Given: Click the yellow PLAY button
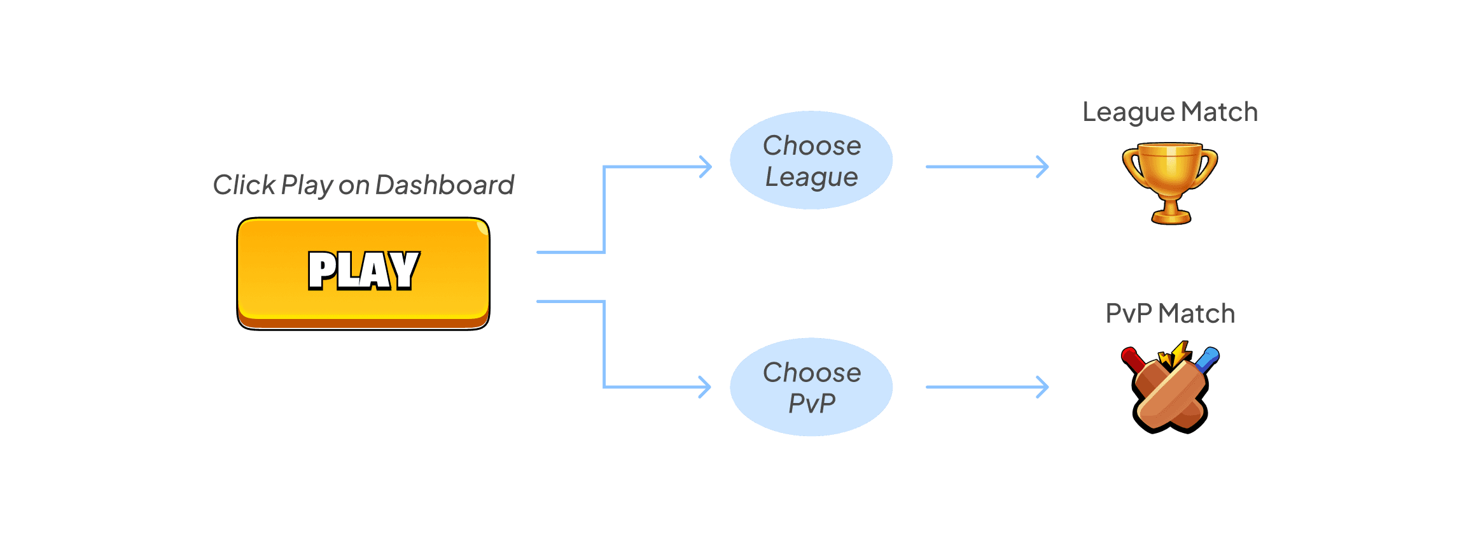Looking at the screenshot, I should (363, 273).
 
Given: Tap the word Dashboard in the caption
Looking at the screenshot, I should (444, 185).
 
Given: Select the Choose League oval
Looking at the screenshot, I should (811, 160).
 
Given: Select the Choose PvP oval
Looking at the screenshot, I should (811, 387).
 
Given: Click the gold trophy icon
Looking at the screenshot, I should (1170, 181).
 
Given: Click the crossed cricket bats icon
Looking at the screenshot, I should (1170, 390).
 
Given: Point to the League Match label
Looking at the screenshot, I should (1170, 112).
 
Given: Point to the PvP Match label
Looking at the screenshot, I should (1170, 313).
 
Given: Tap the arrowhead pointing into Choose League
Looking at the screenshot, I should (706, 167).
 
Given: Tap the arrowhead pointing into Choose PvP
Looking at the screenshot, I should (706, 387).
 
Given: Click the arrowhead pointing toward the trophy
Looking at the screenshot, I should (1043, 167).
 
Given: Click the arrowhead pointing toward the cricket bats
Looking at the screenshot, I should (1043, 387).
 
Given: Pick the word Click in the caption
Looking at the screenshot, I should (244, 185).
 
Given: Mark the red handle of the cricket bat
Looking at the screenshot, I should (1131, 358).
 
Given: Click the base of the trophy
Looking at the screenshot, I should (1171, 218).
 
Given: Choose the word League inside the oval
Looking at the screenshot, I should (811, 177).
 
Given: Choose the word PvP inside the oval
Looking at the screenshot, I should (812, 403).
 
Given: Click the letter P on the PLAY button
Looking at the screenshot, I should (321, 271).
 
